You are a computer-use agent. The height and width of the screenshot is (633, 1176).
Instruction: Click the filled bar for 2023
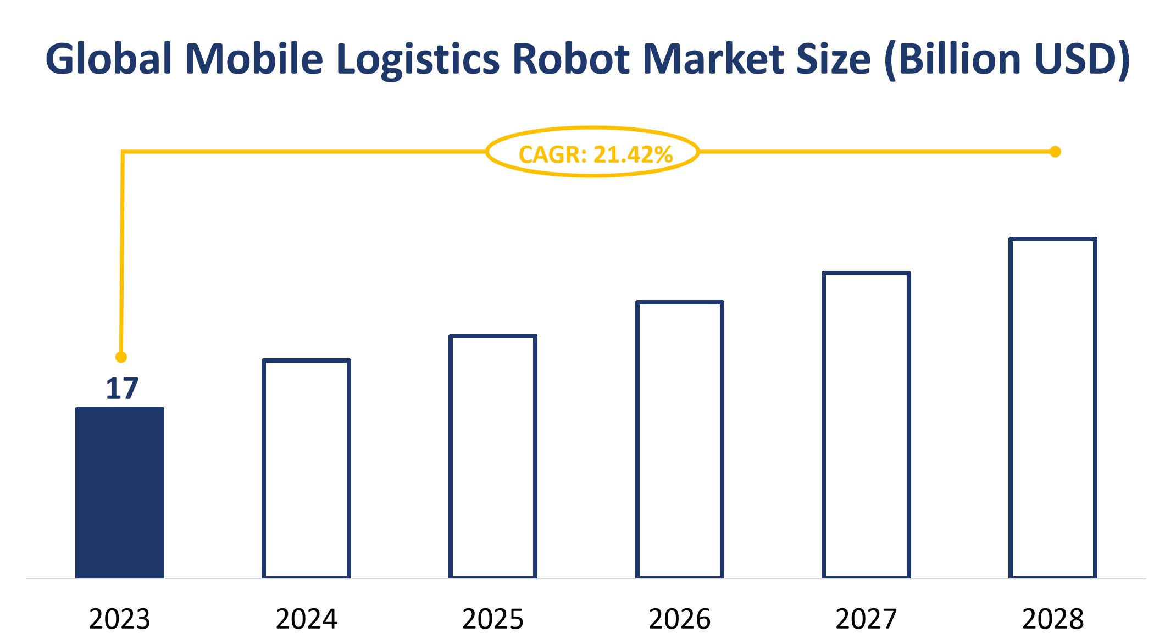point(120,492)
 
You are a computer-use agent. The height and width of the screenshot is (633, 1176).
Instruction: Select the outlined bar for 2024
point(306,469)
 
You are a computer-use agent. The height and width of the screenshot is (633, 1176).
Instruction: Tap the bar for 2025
point(493,457)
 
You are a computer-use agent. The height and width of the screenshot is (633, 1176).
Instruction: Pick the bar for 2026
point(680,440)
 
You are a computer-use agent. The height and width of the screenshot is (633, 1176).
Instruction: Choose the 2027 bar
point(866,425)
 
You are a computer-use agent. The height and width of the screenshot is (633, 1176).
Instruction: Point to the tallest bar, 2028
point(1053,408)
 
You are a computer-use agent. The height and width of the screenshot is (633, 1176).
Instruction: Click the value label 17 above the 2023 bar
point(121,388)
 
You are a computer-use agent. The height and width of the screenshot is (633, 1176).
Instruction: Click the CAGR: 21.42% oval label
point(593,152)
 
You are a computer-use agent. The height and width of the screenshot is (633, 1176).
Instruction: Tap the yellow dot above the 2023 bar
point(121,357)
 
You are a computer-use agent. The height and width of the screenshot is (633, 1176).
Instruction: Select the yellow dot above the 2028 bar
point(1055,152)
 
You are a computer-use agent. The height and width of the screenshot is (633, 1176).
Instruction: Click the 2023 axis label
point(120,619)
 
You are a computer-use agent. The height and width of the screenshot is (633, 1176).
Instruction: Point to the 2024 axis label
point(306,619)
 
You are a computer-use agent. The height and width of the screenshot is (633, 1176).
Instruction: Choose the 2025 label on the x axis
point(493,619)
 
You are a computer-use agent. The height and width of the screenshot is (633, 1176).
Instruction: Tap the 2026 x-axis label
point(680,619)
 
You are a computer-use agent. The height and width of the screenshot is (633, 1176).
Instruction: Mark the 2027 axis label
point(866,619)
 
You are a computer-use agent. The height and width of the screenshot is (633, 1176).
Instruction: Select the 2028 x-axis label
point(1053,619)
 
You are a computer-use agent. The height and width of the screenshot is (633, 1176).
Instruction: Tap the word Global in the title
point(109,59)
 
